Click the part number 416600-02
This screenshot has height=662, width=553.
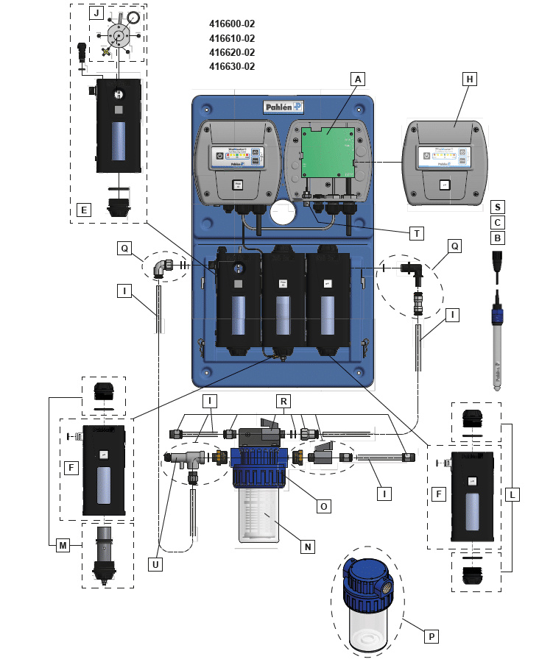232,24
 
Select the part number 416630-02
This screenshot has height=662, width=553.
232,66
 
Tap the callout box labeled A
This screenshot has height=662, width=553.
359,78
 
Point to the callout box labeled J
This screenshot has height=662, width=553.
96,13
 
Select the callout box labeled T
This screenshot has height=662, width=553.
417,233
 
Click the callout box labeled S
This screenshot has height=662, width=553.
498,208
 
